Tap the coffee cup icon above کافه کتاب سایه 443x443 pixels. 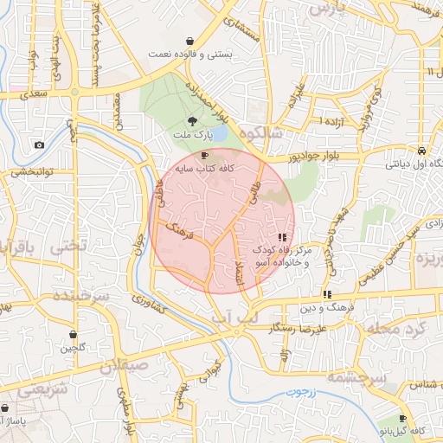[x=204, y=156]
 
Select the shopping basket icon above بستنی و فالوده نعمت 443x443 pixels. [x=189, y=41]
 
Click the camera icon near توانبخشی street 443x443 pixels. [x=39, y=144]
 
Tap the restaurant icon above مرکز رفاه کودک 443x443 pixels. [x=282, y=236]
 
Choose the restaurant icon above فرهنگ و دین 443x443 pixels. [x=326, y=294]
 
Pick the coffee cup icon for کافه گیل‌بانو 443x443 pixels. [x=403, y=418]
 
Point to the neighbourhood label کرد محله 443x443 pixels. [x=398, y=329]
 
